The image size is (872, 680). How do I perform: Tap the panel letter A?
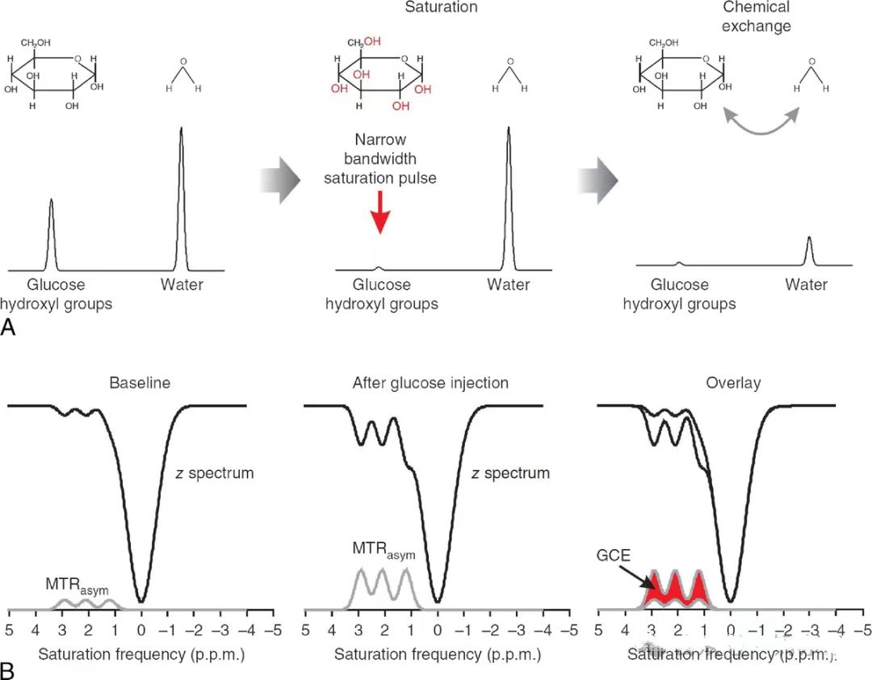pos(10,326)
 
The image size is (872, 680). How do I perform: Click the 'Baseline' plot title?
pos(140,383)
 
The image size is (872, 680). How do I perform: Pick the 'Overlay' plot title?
pos(734,383)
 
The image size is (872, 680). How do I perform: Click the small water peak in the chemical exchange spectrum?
pos(810,250)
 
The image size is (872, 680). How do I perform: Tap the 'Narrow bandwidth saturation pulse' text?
pos(380,158)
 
